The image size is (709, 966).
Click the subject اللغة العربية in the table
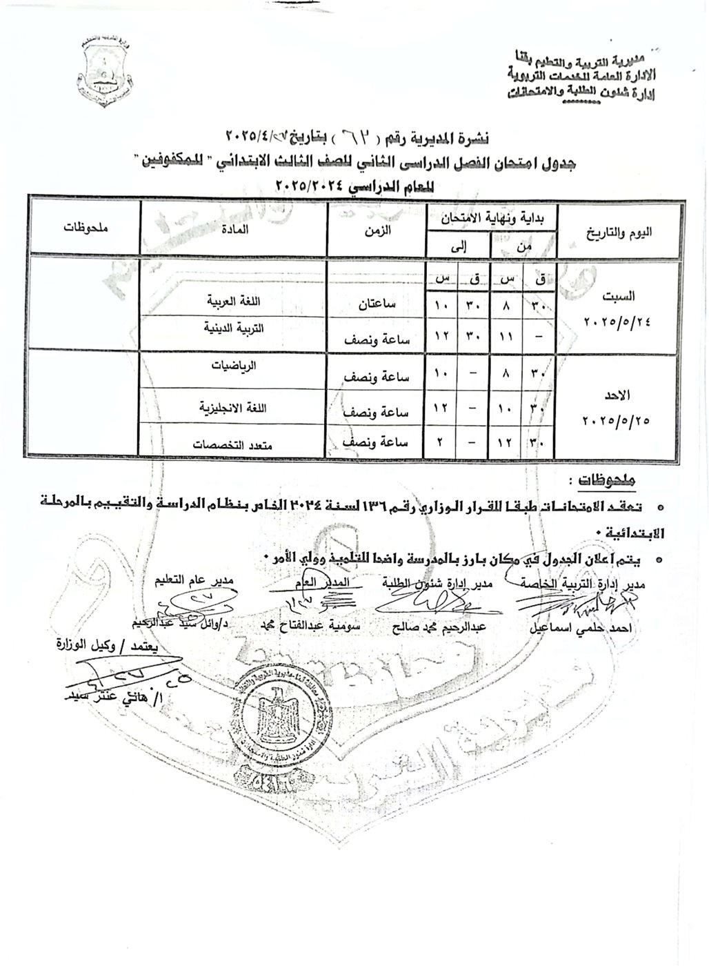pyautogui.click(x=234, y=302)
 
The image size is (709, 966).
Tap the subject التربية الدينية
pyautogui.click(x=234, y=329)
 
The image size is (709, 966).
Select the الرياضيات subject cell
pyautogui.click(x=234, y=366)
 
